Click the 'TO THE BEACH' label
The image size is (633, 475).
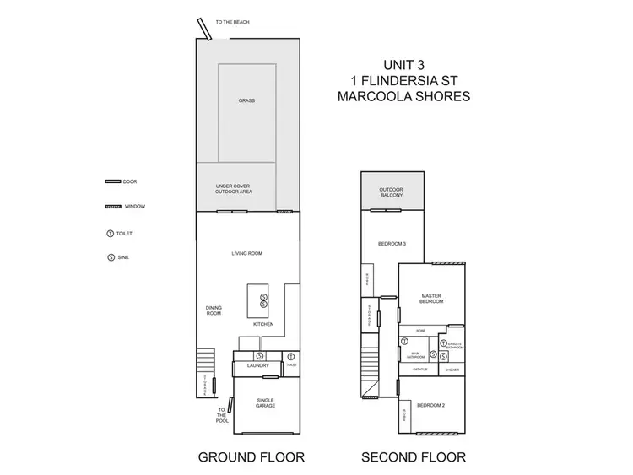(232, 22)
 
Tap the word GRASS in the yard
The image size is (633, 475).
(246, 100)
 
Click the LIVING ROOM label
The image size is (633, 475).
(247, 253)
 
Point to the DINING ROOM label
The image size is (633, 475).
(214, 310)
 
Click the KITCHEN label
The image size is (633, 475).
(263, 324)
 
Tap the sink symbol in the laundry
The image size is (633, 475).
(259, 356)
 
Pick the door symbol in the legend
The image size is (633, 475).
(111, 181)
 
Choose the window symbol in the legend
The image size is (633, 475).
(111, 207)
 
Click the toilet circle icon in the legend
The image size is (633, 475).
(110, 233)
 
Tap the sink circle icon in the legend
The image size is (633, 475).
(110, 257)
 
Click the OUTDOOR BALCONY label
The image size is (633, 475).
(391, 192)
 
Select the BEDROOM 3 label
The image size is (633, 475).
(392, 244)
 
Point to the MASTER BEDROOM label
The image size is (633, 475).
(432, 298)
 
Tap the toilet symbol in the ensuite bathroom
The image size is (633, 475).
(443, 343)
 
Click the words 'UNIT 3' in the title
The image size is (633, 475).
(403, 63)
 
